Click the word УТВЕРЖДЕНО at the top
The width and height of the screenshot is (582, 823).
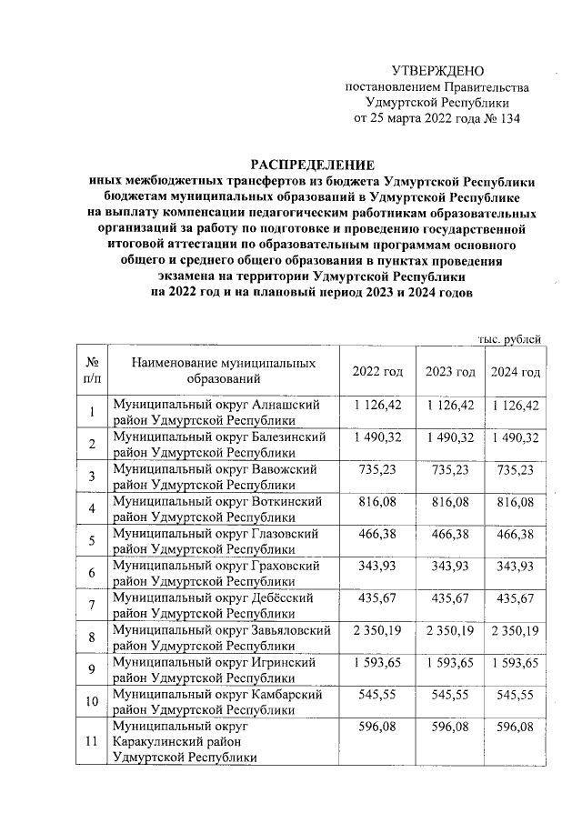point(437,71)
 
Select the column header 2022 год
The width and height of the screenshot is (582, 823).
point(377,372)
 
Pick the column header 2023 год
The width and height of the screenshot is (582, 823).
point(450,372)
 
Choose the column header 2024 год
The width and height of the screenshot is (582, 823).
point(516,372)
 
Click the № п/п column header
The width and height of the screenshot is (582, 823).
point(92,371)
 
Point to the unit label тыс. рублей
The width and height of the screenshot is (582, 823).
point(510,339)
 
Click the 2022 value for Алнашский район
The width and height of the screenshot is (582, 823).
point(377,405)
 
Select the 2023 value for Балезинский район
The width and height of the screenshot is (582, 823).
point(450,437)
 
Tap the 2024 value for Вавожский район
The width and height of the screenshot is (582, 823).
point(516,469)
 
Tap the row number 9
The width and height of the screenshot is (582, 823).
point(92,670)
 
